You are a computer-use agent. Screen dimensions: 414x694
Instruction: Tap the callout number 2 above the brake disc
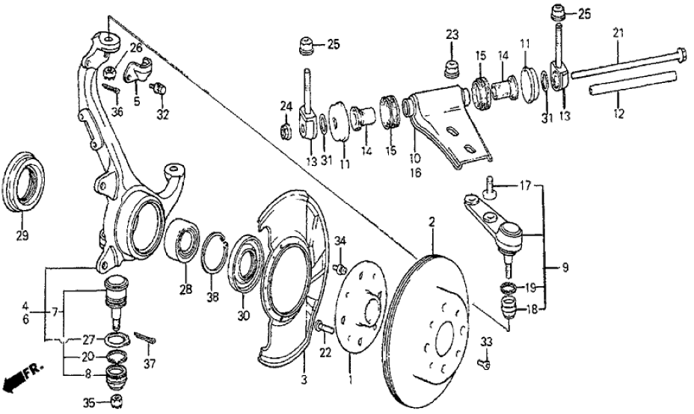click(x=432, y=221)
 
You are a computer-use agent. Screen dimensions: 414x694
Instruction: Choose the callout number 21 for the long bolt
click(x=618, y=32)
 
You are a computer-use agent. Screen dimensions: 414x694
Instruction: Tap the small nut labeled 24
click(x=285, y=132)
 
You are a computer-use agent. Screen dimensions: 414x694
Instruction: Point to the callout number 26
click(x=135, y=49)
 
